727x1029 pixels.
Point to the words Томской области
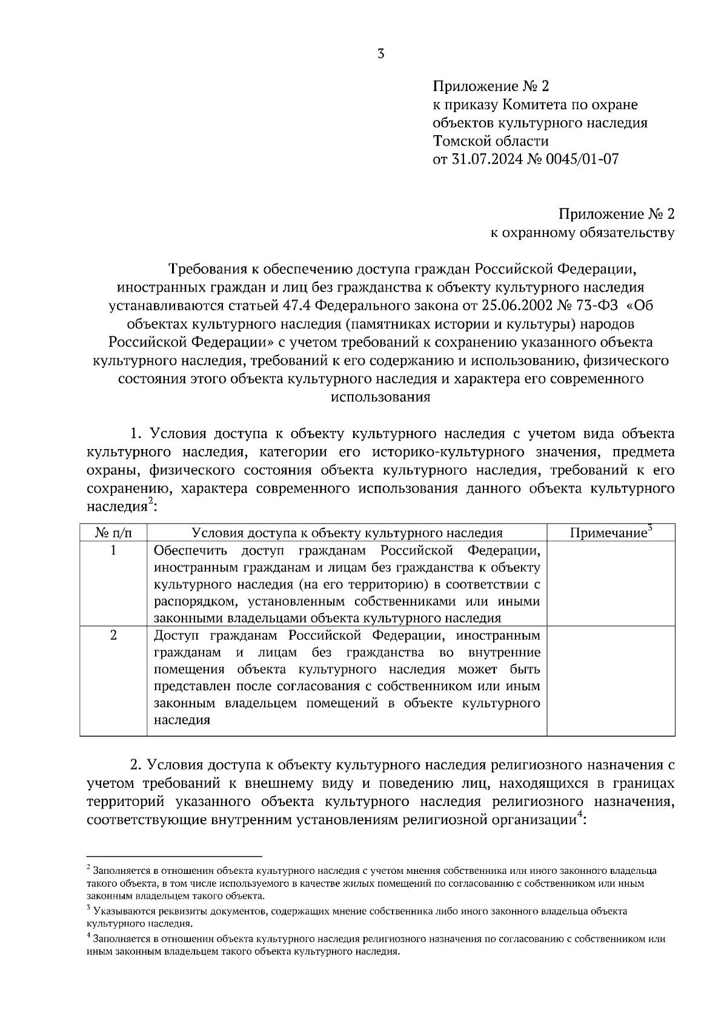[491, 141]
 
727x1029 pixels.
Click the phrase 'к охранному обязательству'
[582, 232]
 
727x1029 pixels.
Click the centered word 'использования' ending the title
[380, 398]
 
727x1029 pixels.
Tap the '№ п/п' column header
[113, 533]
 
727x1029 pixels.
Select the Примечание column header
[608, 533]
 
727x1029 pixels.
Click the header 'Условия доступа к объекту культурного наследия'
[347, 533]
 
